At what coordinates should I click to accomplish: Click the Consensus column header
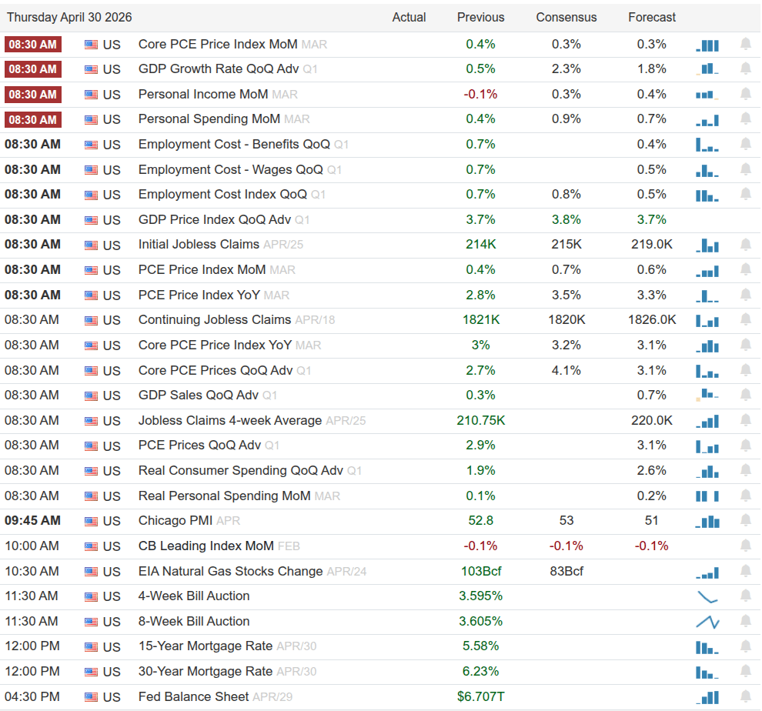[566, 17]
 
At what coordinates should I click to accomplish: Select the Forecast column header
[651, 17]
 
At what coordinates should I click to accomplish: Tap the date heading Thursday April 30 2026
[70, 17]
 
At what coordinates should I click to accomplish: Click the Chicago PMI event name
[175, 521]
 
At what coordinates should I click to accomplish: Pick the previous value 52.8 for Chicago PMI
[480, 521]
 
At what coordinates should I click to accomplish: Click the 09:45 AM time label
[32, 521]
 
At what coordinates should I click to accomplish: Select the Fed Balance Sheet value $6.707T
[480, 697]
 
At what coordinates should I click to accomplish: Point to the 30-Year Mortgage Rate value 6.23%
[480, 672]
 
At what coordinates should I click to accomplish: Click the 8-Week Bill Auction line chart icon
[707, 622]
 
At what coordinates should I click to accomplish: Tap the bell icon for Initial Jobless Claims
[745, 245]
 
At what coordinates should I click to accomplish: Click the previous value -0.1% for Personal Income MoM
[480, 94]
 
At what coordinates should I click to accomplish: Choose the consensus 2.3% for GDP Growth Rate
[566, 68]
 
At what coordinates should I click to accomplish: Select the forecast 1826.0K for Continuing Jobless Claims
[651, 320]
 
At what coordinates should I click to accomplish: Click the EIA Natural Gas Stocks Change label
[230, 572]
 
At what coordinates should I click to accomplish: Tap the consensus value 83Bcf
[566, 572]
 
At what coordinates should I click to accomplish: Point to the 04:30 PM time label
[32, 697]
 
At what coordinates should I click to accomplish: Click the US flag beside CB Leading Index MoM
[92, 546]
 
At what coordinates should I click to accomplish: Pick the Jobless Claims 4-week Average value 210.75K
[480, 421]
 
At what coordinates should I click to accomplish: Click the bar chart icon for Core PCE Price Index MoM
[707, 45]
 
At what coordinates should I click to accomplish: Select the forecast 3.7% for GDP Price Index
[651, 220]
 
